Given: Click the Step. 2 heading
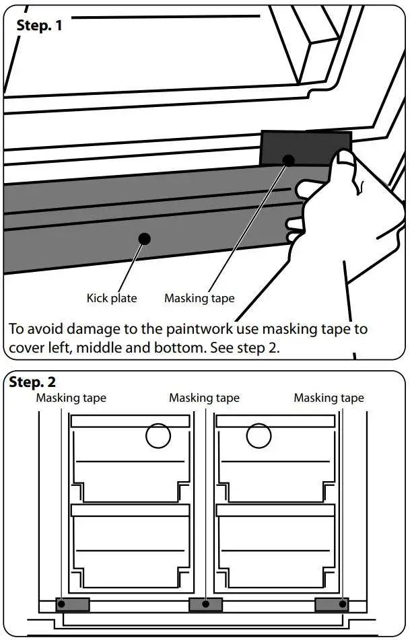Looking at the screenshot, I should pyautogui.click(x=34, y=383).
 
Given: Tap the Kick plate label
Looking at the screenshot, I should pyautogui.click(x=111, y=297).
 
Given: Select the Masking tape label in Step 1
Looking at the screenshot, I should pyautogui.click(x=199, y=297).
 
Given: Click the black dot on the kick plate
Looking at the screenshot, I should pyautogui.click(x=143, y=238).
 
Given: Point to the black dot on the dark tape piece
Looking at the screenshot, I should pyautogui.click(x=288, y=160).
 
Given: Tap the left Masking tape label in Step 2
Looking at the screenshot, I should pyautogui.click(x=71, y=398).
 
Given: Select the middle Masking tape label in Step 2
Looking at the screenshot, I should pyautogui.click(x=204, y=398).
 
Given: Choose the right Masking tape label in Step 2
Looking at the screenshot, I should pyautogui.click(x=329, y=398).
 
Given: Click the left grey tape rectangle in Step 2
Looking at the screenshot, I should pyautogui.click(x=74, y=604).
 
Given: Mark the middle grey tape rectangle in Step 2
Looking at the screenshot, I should pyautogui.click(x=205, y=604).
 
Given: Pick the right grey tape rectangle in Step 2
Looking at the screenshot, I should pyautogui.click(x=332, y=604).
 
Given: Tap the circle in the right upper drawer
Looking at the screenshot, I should pyautogui.click(x=259, y=437).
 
